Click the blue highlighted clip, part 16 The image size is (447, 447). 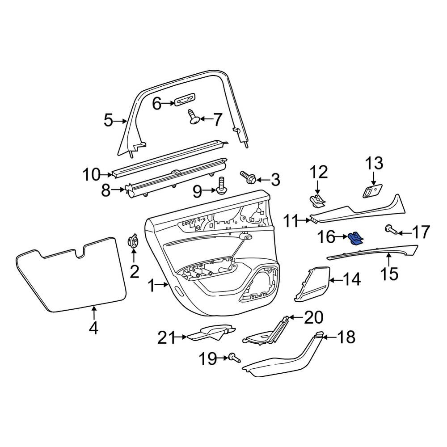355,238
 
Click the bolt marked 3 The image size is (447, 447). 248,177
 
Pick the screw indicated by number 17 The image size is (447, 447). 391,230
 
